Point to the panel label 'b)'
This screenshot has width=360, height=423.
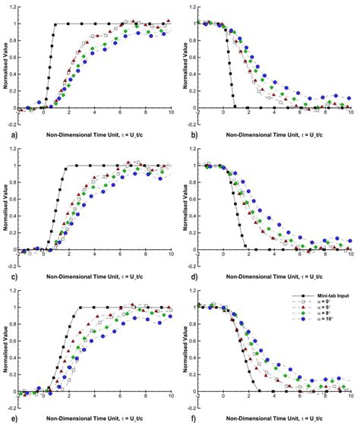(185, 134)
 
